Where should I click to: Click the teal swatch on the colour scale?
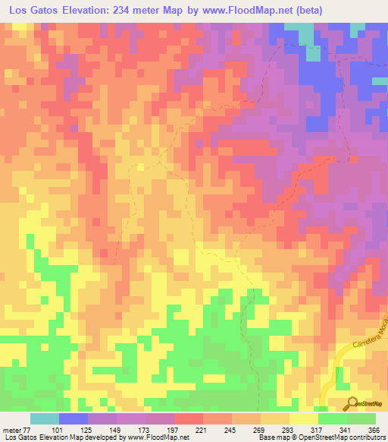44,418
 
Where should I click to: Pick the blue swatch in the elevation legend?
73,418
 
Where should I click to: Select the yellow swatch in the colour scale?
303,418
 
